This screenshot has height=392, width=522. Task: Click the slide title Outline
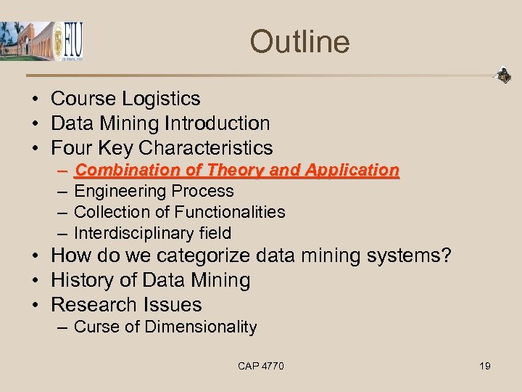pos(299,41)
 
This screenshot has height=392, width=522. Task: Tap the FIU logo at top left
pos(70,42)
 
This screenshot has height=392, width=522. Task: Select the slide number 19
pos(484,366)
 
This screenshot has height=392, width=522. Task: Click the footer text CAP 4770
pos(260,366)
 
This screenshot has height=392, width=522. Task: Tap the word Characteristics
pos(205,148)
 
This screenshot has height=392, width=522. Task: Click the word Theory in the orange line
pos(236,171)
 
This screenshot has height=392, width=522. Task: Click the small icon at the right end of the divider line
pos(502,75)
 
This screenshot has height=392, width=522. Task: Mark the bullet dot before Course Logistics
pos(35,99)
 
